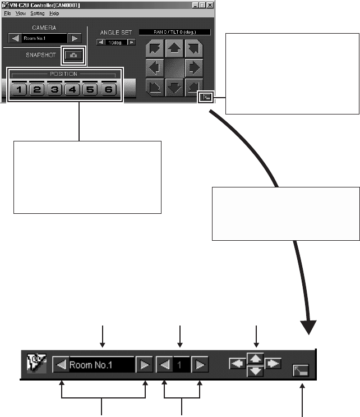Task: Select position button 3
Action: click(56, 90)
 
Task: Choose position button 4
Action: click(73, 90)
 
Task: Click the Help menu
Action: click(54, 12)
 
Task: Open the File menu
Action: click(7, 12)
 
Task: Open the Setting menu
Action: click(38, 12)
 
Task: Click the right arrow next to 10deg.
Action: click(131, 42)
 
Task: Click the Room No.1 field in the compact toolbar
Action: click(101, 365)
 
